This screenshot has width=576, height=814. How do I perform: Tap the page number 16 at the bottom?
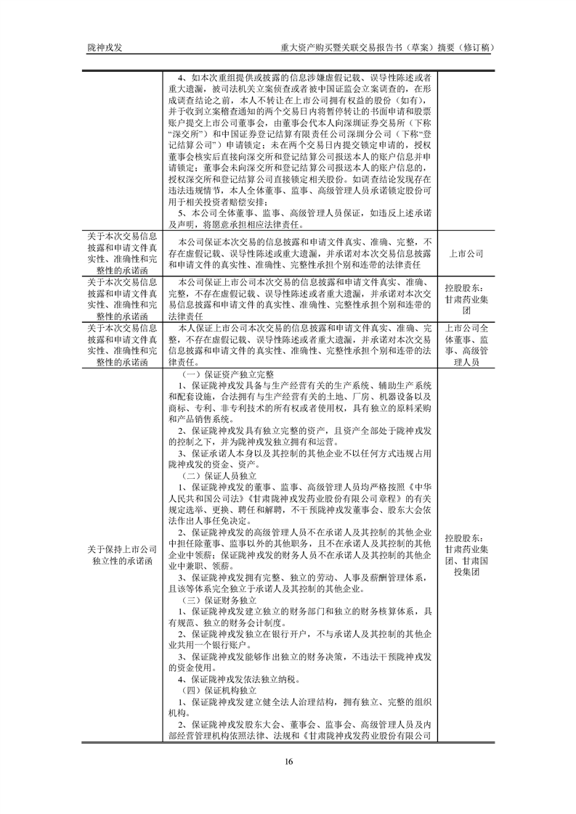point(288,762)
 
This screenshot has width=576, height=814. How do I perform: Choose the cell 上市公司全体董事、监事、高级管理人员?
point(467,344)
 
